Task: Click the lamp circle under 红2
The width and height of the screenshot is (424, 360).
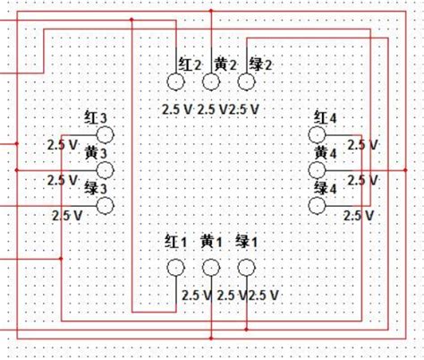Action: click(x=175, y=82)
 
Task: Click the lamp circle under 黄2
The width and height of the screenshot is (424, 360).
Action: click(x=211, y=82)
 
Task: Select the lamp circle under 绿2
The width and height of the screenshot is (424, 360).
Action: click(x=247, y=82)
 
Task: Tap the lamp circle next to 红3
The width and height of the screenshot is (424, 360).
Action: click(x=106, y=135)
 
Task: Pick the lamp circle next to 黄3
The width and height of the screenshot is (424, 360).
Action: click(x=106, y=170)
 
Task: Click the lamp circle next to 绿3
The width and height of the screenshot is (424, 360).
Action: click(x=106, y=205)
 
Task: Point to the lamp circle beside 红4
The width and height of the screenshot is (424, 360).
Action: click(x=318, y=135)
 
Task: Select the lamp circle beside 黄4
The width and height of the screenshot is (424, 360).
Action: click(x=318, y=170)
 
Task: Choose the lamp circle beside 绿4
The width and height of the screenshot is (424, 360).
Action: click(x=318, y=205)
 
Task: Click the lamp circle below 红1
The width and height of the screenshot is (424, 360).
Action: click(x=175, y=268)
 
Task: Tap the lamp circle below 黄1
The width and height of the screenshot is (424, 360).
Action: click(x=211, y=268)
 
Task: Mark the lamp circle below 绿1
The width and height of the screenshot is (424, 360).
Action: click(x=247, y=268)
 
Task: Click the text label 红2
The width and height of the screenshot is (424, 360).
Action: click(x=190, y=64)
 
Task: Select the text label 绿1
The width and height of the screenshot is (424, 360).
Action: click(x=247, y=242)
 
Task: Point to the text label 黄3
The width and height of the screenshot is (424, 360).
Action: click(x=96, y=153)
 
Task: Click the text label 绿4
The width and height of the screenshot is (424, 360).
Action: click(x=326, y=188)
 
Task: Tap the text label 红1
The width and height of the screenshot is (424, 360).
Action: click(x=176, y=242)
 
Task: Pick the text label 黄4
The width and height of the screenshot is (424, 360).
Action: click(x=326, y=153)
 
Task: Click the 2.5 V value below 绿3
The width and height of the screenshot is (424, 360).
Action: click(x=68, y=216)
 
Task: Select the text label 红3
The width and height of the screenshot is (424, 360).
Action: click(x=96, y=118)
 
